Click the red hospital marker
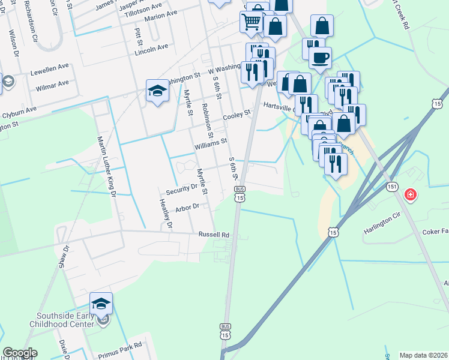(x=411, y=194)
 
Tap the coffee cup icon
(x=320, y=58)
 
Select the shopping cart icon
(x=251, y=22)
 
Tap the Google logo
(x=20, y=353)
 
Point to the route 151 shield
(x=391, y=187)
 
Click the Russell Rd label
(x=214, y=235)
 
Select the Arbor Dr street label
(x=187, y=208)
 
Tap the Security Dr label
(x=182, y=189)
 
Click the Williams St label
(x=209, y=143)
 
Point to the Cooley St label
(x=237, y=115)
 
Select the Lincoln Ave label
(x=151, y=48)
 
